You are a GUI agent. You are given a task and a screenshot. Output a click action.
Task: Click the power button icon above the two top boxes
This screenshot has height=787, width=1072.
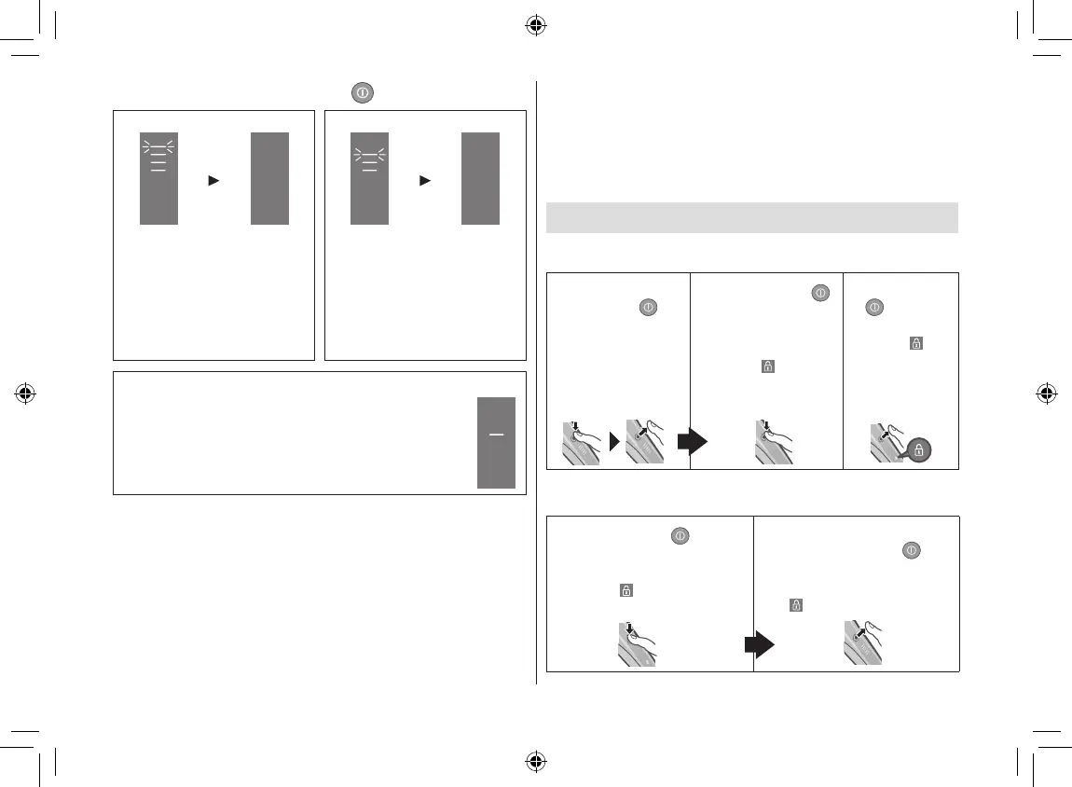click(363, 92)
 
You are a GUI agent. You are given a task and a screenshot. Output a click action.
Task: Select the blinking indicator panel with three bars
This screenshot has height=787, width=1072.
click(158, 178)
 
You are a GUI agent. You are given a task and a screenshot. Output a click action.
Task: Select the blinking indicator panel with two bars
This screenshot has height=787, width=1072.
click(369, 178)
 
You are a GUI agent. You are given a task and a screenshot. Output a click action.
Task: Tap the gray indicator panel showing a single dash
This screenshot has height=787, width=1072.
click(496, 441)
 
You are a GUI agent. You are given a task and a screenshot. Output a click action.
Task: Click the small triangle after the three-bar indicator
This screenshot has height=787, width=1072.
click(213, 180)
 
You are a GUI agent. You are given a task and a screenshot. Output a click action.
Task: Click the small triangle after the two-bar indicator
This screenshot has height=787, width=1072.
click(424, 180)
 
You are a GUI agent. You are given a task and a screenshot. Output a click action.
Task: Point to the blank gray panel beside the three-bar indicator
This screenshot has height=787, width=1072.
click(269, 178)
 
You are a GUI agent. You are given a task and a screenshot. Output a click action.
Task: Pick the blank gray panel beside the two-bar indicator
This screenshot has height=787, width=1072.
click(480, 178)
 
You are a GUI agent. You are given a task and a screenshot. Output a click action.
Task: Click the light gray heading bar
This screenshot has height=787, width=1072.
click(751, 217)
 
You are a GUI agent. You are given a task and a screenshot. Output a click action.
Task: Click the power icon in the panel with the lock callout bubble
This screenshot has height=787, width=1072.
click(875, 307)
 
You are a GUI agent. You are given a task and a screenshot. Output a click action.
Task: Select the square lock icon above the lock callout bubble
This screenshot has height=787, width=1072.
click(915, 343)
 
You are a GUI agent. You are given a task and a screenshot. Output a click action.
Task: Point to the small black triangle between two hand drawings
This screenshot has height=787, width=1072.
click(614, 442)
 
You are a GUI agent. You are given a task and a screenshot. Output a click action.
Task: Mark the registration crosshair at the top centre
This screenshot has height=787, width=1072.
click(535, 25)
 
